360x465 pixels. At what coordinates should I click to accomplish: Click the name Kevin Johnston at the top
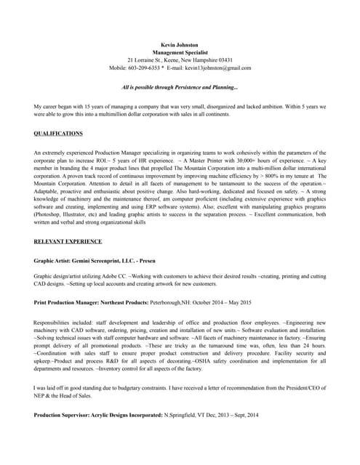(x=180, y=45)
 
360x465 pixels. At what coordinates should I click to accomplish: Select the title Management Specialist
(x=180, y=52)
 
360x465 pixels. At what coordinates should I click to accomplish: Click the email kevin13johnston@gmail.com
(x=218, y=68)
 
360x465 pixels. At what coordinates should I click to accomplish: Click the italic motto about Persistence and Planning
(x=180, y=87)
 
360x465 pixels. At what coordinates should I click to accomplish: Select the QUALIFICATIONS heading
(x=58, y=134)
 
